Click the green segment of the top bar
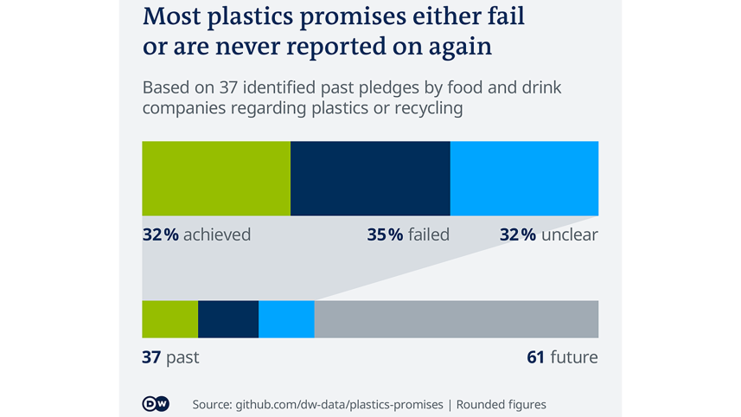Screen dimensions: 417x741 [216, 178]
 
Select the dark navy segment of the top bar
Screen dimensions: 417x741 [370, 178]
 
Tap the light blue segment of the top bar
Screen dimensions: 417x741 [524, 178]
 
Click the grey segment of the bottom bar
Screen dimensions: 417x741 [456, 319]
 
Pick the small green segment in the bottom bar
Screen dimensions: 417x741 [169, 319]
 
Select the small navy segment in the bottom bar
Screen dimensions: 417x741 [228, 319]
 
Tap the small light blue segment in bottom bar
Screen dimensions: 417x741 [286, 319]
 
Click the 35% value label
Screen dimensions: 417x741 [385, 234]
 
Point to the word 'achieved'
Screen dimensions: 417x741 [217, 234]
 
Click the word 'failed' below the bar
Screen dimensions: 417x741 [429, 234]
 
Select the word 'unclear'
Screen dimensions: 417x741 [569, 234]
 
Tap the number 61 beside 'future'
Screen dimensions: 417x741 [536, 357]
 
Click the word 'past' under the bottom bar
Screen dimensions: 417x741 [182, 357]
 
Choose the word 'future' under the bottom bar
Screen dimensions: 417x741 [574, 357]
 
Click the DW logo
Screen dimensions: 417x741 [156, 404]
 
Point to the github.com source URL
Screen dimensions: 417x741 [317, 404]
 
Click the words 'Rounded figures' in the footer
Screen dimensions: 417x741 [501, 404]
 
